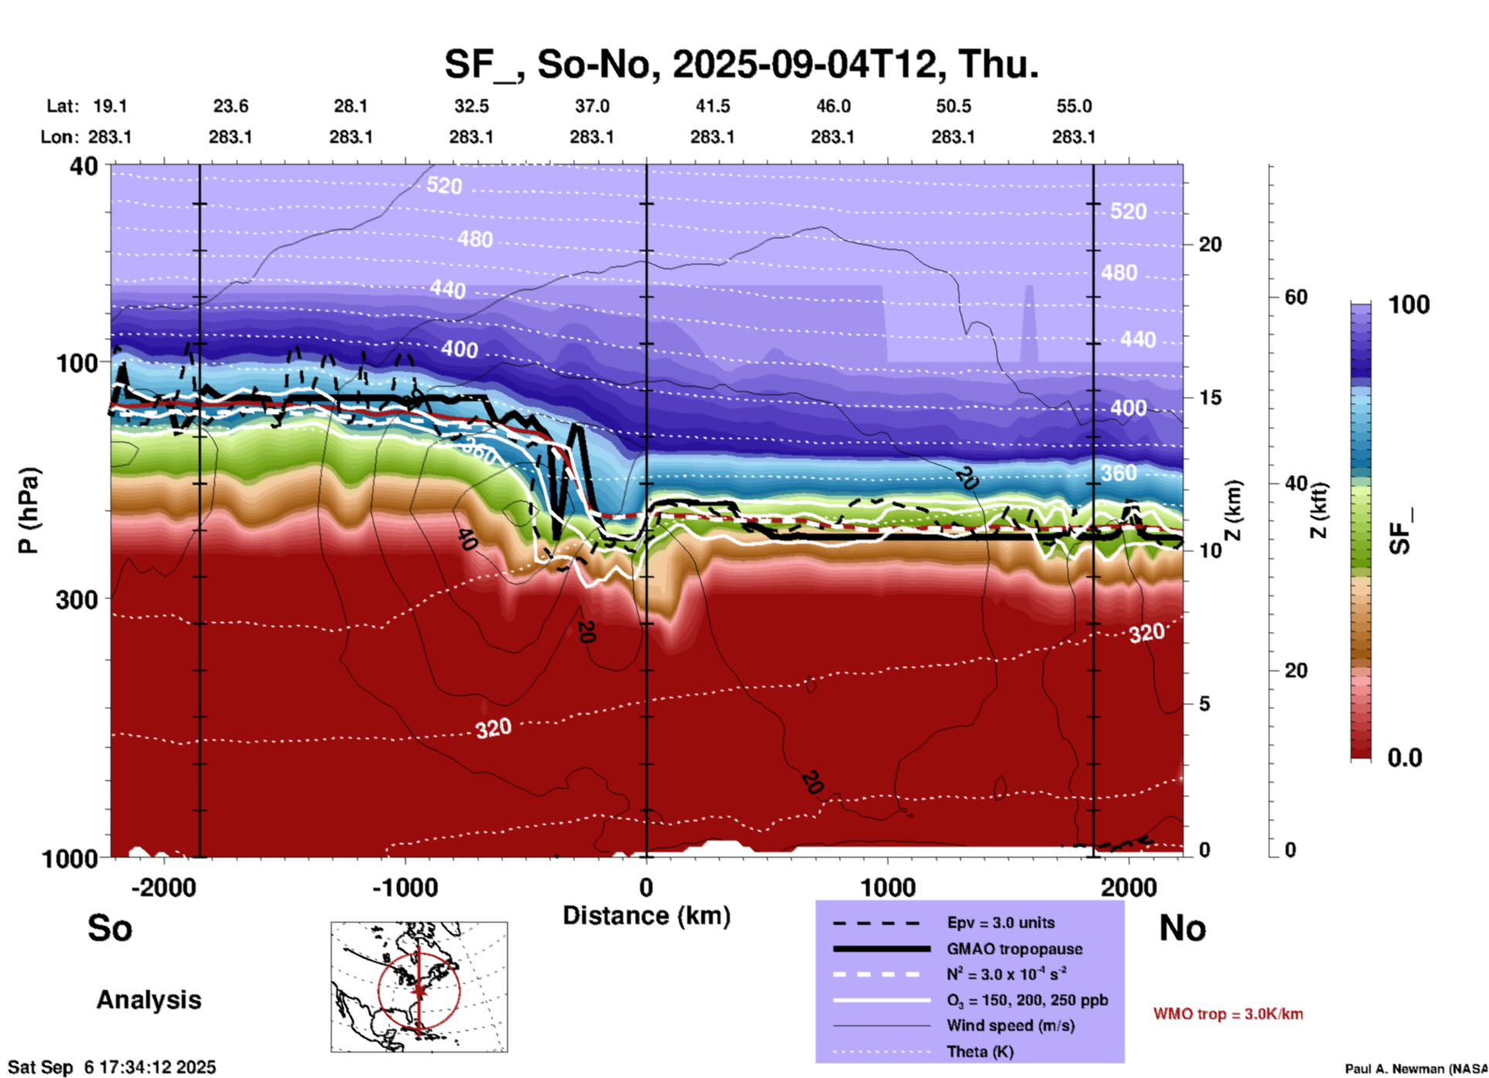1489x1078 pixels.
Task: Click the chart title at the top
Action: pos(741,64)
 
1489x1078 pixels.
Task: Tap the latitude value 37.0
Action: pos(591,107)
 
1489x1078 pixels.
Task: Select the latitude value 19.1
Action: pos(110,107)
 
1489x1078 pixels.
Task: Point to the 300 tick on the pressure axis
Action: pos(77,599)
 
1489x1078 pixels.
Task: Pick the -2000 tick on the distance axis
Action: pos(164,887)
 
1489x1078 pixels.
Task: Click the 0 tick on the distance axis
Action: pos(646,887)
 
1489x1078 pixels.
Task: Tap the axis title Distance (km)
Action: pos(646,916)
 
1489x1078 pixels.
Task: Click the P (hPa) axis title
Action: pos(28,510)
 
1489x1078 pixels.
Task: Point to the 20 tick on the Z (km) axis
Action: pos(1210,245)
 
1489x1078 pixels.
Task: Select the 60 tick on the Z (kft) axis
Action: pos(1296,297)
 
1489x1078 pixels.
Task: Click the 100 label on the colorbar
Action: pos(1409,305)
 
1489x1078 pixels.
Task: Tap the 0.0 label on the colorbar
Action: pos(1405,758)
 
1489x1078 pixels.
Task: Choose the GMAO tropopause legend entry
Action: pos(1014,949)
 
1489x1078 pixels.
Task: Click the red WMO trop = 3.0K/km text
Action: pos(1228,1014)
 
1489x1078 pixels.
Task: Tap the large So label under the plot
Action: pos(110,928)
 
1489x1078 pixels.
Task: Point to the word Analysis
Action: pos(148,1000)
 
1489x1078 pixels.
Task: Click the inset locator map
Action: pos(419,987)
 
